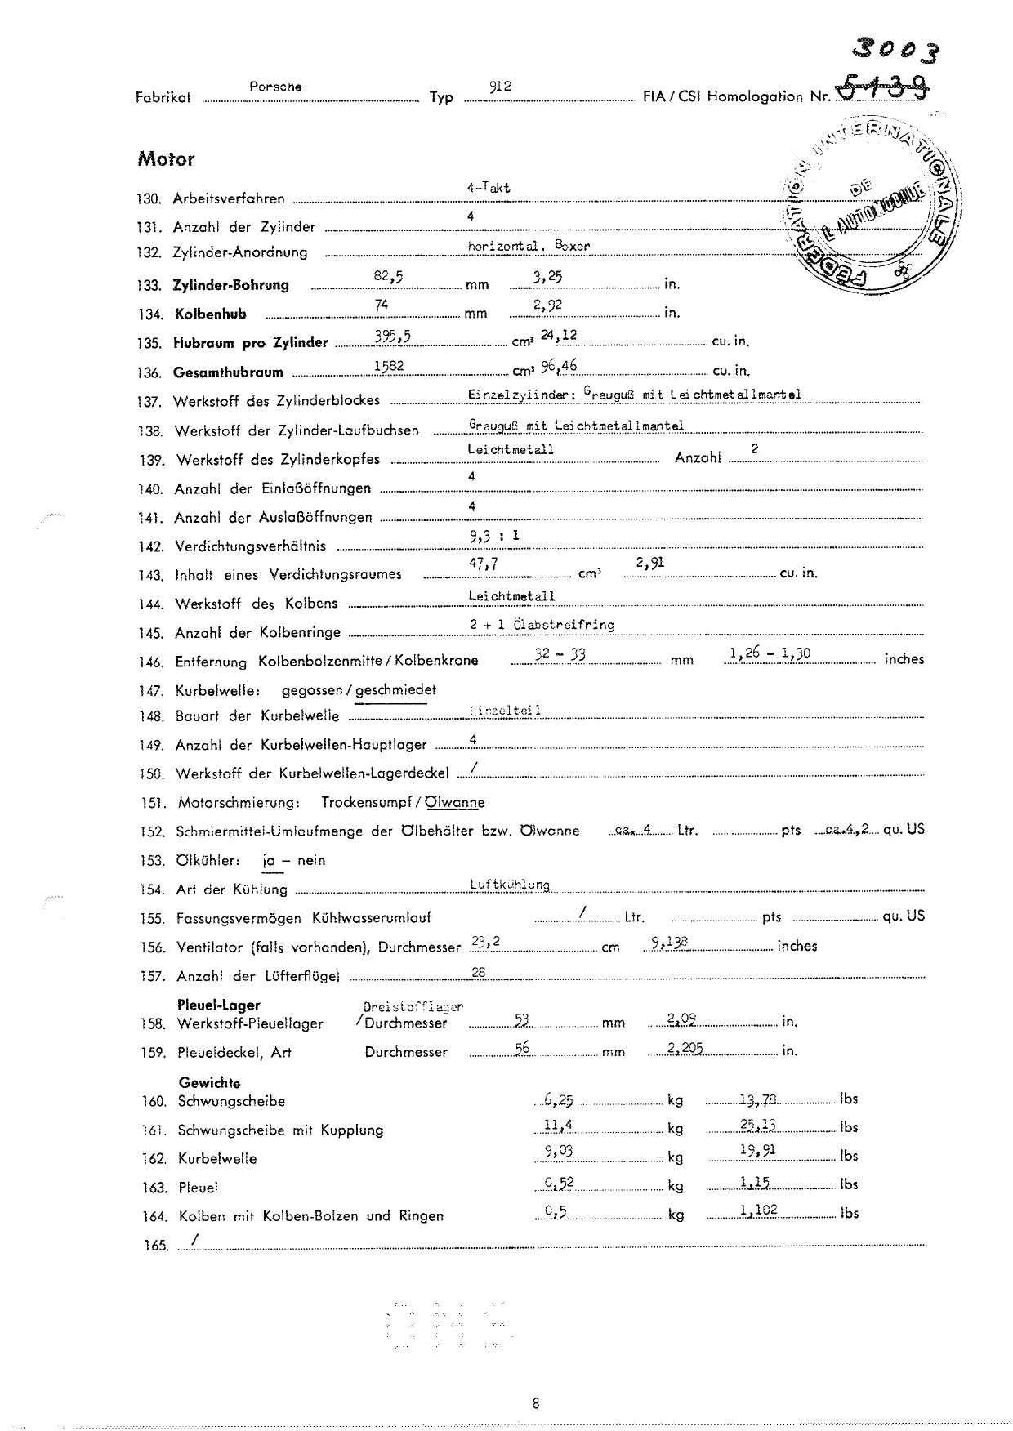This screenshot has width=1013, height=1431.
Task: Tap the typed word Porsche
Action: tap(275, 86)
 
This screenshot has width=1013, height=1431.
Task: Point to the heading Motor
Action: tap(166, 159)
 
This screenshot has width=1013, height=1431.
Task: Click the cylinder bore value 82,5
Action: tap(388, 276)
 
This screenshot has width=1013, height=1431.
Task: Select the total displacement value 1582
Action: tap(389, 366)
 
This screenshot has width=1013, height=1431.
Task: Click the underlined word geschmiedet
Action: tap(395, 690)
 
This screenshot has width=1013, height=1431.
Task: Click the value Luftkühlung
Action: tap(510, 885)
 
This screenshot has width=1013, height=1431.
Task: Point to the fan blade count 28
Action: tap(480, 971)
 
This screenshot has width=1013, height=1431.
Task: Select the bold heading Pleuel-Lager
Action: tap(218, 1005)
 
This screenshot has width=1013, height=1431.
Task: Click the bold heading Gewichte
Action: tap(209, 1083)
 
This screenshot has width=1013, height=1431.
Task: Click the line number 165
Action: tap(154, 1246)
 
